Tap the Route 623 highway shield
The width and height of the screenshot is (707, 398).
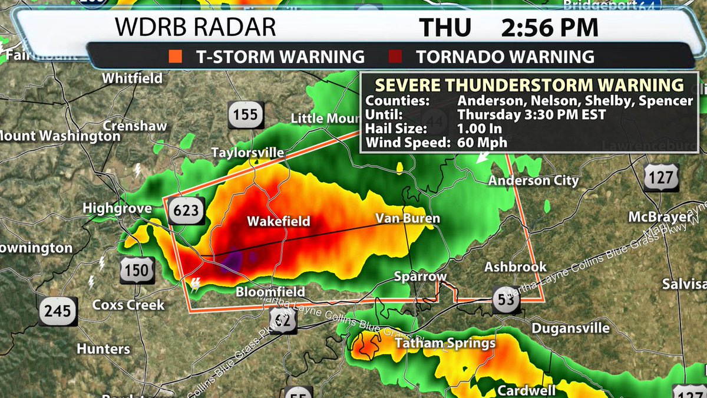coord(186,211)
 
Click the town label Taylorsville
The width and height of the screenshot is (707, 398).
coord(248,153)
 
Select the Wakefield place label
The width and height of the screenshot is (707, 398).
coord(278,222)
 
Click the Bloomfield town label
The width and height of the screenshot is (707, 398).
coord(270,292)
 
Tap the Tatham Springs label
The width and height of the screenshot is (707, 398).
coord(445,343)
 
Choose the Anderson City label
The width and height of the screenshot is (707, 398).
coord(534,181)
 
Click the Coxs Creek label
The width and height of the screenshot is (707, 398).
coord(128,305)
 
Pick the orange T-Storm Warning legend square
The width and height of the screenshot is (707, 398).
coord(174,57)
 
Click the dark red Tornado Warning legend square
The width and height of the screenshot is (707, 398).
coord(395,57)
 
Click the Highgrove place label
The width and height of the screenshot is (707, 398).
coord(117,208)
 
